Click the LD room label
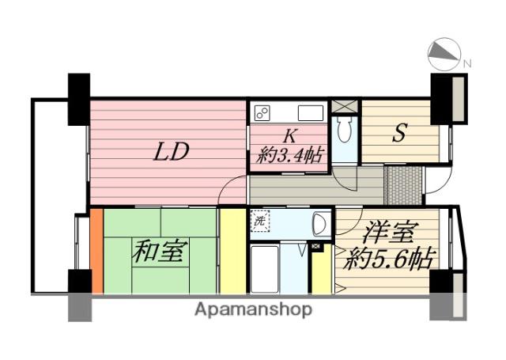(171, 152)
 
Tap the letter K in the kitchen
(289, 136)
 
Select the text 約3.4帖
(289, 155)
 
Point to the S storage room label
(399, 133)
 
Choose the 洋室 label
(388, 232)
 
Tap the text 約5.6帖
(388, 258)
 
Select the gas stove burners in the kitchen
(262, 113)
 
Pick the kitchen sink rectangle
(311, 113)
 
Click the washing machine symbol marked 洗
(260, 221)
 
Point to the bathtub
(265, 269)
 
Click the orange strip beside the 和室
(96, 251)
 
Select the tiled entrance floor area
(404, 185)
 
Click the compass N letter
(467, 63)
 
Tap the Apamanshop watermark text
(253, 310)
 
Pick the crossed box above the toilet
(345, 106)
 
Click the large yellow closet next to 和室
(233, 251)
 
